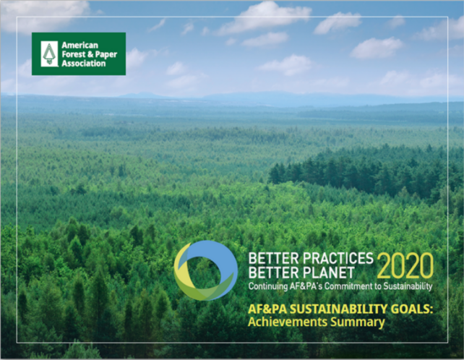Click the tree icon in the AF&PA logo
click(49, 54)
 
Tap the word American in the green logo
click(80, 46)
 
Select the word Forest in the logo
click(74, 54)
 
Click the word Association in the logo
click(83, 64)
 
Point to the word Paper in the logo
click(106, 55)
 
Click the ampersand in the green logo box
click(90, 54)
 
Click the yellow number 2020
click(405, 265)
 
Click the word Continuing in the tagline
click(264, 286)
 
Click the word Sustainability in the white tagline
click(408, 286)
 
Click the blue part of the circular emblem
click(225, 260)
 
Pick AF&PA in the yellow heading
click(267, 309)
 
